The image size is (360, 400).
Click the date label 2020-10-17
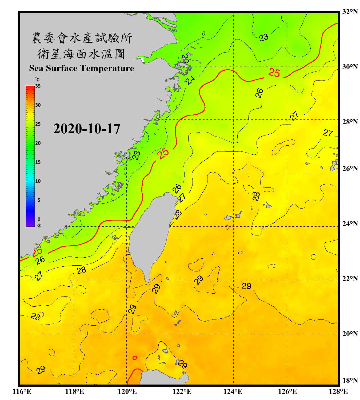pyautogui.click(x=87, y=129)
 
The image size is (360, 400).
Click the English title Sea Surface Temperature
pyautogui.click(x=81, y=68)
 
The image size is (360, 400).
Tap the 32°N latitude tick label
pyautogui.click(x=350, y=12)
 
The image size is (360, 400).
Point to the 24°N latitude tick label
pyautogui.click(x=350, y=223)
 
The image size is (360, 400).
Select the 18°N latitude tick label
pyautogui.click(x=350, y=381)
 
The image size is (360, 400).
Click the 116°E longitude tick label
pyautogui.click(x=22, y=391)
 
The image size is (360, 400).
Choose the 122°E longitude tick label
pyautogui.click(x=182, y=391)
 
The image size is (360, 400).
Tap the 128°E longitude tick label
pyautogui.click(x=338, y=391)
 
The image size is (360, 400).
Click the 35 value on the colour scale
pyautogui.click(x=38, y=86)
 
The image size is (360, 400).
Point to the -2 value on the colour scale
pyautogui.click(x=38, y=226)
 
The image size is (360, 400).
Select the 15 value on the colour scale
pyautogui.click(x=38, y=162)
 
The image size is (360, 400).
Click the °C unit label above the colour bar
pyautogui.click(x=37, y=79)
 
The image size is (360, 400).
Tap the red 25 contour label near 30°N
pyautogui.click(x=274, y=73)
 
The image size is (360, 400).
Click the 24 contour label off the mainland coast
pyautogui.click(x=190, y=80)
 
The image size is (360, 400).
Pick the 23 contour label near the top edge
pyautogui.click(x=264, y=38)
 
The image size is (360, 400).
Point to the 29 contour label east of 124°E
pyautogui.click(x=246, y=286)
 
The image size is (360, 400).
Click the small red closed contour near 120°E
pyautogui.click(x=135, y=358)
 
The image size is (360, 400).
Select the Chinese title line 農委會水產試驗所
pyautogui.click(x=81, y=38)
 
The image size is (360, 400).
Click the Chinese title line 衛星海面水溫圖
pyautogui.click(x=81, y=54)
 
